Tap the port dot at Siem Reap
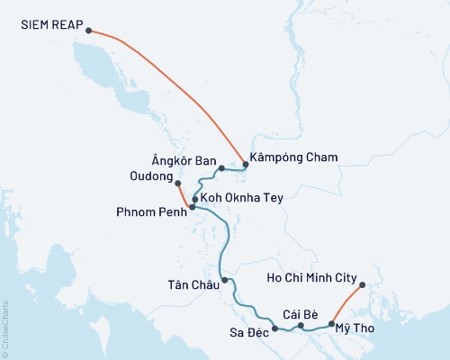point(88,31)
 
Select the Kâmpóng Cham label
point(294,157)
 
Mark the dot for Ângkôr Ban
point(221,168)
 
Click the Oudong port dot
point(177,184)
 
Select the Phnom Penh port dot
point(192,207)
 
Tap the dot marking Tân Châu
point(225,281)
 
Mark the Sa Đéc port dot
point(274,317)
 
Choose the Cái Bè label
point(301,313)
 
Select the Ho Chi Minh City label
point(313,278)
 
